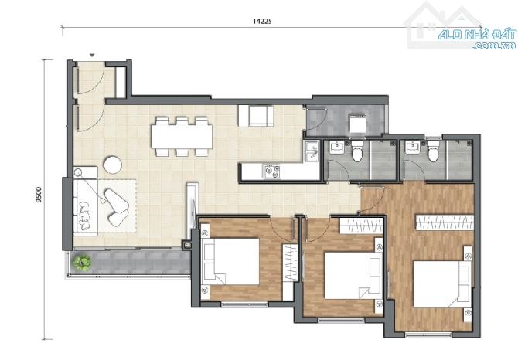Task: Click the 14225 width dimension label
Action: [262, 21]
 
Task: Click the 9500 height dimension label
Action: [39, 195]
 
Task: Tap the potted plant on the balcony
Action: [82, 263]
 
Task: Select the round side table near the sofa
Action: [113, 165]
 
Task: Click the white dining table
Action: [182, 136]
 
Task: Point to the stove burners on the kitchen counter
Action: [272, 172]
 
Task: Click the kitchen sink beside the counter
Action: [312, 151]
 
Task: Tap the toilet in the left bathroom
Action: [356, 151]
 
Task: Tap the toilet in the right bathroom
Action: [433, 151]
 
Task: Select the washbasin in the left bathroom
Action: [336, 148]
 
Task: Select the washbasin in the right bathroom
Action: [413, 148]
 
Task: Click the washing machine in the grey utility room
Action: [357, 124]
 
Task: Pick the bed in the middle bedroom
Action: [353, 276]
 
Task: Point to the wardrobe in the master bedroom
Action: [445, 222]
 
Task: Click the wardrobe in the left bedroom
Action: [290, 263]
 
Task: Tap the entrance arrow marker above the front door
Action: [93, 56]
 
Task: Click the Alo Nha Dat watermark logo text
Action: [478, 39]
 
